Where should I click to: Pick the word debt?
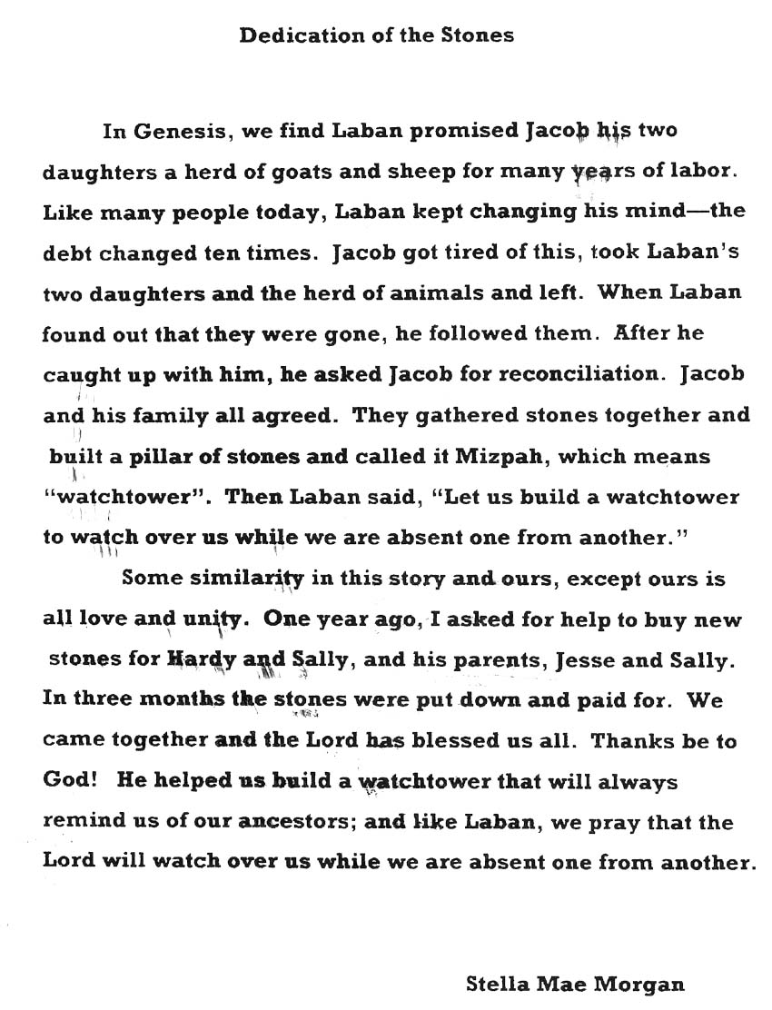click(x=66, y=253)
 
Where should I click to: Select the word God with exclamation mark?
click(x=64, y=782)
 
